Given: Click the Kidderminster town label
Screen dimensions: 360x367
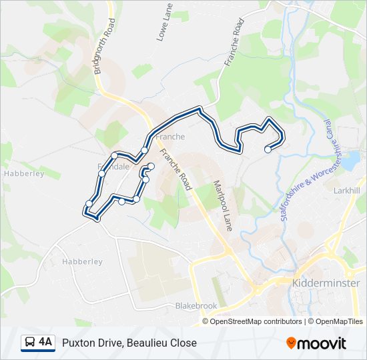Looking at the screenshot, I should [x=326, y=283].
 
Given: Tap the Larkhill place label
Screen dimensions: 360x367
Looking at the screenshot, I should [x=346, y=191].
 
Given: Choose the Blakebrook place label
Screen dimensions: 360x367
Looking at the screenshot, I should [x=196, y=306].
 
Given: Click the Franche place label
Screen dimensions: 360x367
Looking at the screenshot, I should [x=169, y=137].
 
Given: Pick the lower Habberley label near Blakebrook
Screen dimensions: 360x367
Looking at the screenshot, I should [x=82, y=262].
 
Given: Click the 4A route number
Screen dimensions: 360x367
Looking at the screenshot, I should [x=45, y=342].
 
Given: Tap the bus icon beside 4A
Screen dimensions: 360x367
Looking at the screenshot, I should [x=30, y=343].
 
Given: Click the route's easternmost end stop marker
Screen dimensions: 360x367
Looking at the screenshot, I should [x=268, y=149].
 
